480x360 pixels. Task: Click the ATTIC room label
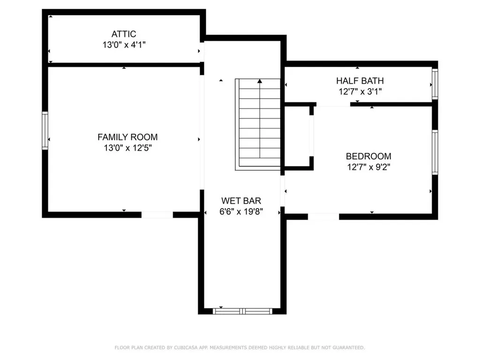click(124, 34)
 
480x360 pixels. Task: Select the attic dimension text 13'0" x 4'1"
click(124, 45)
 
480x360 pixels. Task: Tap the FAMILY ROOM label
click(127, 137)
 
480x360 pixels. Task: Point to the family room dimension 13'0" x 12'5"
click(127, 148)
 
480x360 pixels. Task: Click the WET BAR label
click(241, 201)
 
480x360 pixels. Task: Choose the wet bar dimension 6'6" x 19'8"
click(241, 211)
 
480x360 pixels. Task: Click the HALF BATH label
click(360, 81)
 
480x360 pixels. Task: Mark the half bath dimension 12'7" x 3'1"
click(360, 92)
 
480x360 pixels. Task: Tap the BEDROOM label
click(368, 157)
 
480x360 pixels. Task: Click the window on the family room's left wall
click(45, 130)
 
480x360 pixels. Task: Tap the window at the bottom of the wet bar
click(242, 310)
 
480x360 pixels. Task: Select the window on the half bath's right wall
click(435, 84)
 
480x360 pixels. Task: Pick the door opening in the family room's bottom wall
click(157, 215)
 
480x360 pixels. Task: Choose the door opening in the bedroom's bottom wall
click(323, 216)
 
